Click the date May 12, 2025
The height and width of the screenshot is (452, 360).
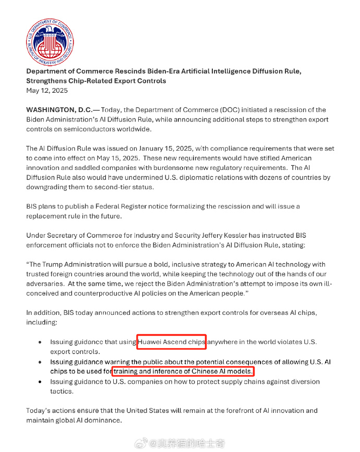47,90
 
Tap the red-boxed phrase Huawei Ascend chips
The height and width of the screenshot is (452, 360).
172,342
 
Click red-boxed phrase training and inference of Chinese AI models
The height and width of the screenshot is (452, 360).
183,371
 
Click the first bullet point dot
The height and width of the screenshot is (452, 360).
41,343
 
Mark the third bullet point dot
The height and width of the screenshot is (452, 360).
41,382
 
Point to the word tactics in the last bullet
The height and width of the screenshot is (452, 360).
62,391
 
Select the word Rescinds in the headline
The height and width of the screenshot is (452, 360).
135,71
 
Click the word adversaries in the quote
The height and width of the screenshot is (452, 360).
48,284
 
